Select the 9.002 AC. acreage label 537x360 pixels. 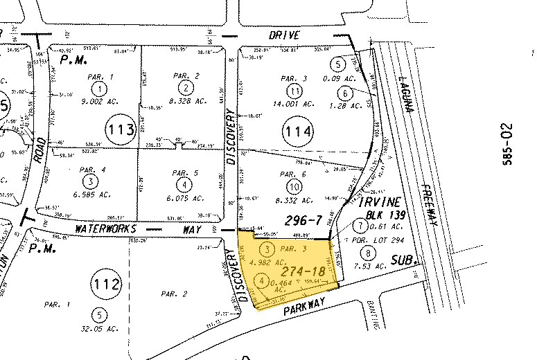coord(101,100)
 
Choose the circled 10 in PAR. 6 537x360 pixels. coord(294,186)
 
